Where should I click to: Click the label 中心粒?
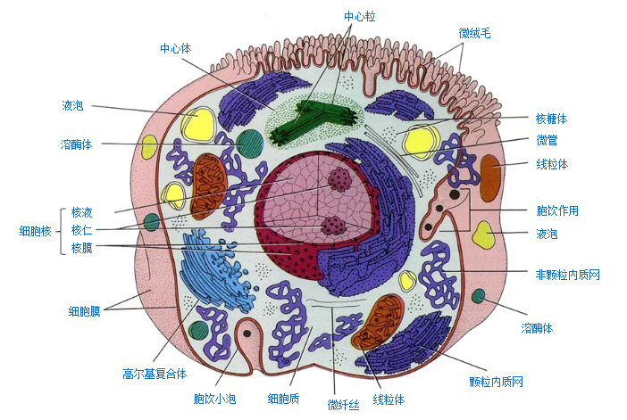(x=359, y=16)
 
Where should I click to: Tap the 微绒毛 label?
(x=474, y=33)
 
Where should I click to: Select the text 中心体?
(x=175, y=48)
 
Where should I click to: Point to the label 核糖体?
(x=551, y=118)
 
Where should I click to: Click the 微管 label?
(x=547, y=140)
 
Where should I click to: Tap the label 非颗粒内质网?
(x=567, y=275)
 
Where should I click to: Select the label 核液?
(x=82, y=212)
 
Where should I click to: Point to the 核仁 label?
(x=82, y=230)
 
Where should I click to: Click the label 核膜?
(x=82, y=248)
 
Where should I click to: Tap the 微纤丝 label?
(x=342, y=406)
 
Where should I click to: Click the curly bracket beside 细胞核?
(x=63, y=230)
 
